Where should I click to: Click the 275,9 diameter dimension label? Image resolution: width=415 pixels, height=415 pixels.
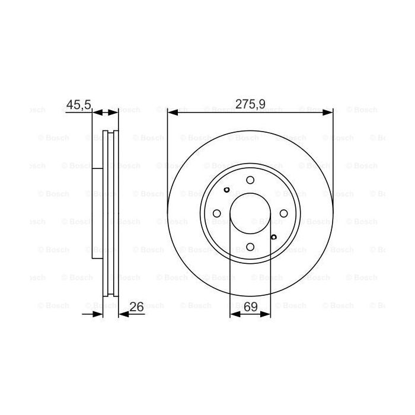(x=250, y=104)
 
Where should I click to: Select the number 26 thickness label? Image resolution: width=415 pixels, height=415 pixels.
(x=136, y=307)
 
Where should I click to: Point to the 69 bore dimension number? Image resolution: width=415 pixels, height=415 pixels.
(x=251, y=307)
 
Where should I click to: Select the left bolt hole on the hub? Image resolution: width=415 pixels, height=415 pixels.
(x=217, y=213)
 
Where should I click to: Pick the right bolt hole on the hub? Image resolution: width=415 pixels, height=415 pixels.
(x=283, y=213)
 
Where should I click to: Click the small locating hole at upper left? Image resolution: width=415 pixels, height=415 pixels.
(x=227, y=190)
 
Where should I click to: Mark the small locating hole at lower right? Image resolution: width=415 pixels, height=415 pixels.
(x=273, y=237)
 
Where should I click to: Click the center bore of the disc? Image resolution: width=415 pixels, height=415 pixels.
(x=250, y=213)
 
